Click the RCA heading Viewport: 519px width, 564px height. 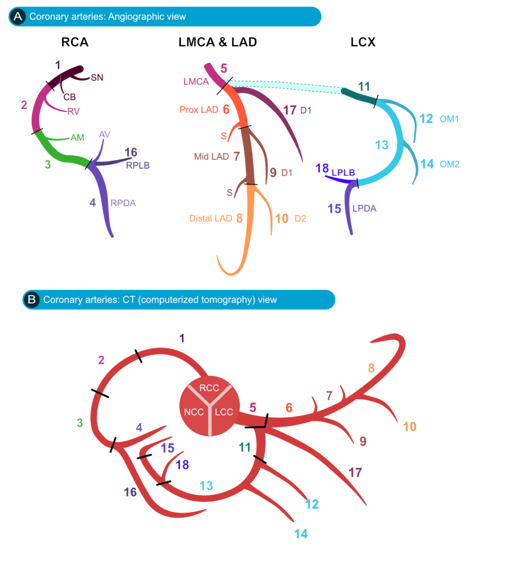click(x=75, y=42)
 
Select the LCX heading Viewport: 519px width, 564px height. click(x=363, y=42)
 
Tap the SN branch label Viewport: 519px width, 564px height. click(x=97, y=78)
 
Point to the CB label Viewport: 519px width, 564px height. click(x=69, y=97)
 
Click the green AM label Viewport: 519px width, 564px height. click(x=77, y=138)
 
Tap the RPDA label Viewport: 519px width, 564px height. click(x=123, y=203)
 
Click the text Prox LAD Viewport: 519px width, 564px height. click(x=199, y=109)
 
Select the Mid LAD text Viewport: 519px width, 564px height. click(x=211, y=156)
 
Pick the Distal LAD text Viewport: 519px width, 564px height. click(x=210, y=219)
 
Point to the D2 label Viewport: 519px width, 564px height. click(x=301, y=219)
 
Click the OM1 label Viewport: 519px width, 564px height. click(x=450, y=118)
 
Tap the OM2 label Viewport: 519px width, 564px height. click(x=450, y=164)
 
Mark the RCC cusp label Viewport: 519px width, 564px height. click(x=209, y=388)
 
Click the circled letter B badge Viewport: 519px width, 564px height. click(x=32, y=300)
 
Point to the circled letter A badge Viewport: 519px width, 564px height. click(x=18, y=17)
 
